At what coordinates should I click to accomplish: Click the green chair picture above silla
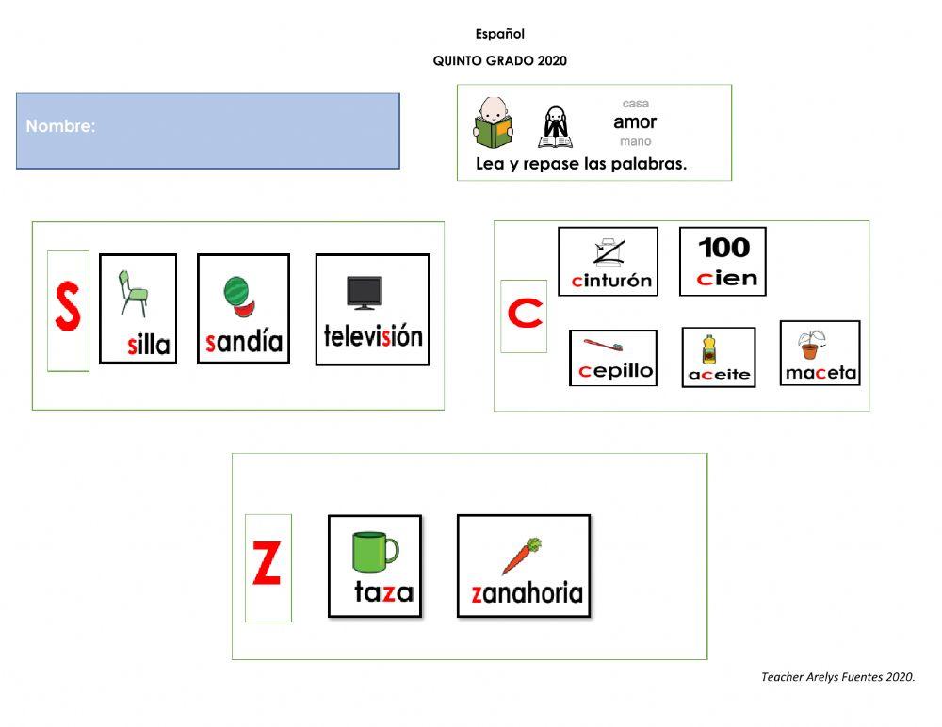[133, 292]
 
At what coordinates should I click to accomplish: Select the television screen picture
[365, 293]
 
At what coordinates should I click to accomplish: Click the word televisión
[373, 336]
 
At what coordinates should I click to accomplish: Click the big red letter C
[525, 315]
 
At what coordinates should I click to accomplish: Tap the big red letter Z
[268, 565]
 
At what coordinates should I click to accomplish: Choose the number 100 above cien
[723, 248]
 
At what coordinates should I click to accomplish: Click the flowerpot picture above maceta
[810, 345]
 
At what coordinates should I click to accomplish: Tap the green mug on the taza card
[374, 552]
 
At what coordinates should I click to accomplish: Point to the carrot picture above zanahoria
[522, 556]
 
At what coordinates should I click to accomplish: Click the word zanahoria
[527, 593]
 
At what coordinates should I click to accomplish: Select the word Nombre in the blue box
[60, 126]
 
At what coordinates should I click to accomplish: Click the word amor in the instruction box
[635, 121]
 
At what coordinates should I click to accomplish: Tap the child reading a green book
[493, 122]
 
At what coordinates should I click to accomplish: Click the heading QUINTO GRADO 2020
[499, 61]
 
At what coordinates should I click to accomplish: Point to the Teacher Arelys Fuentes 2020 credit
[837, 676]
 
